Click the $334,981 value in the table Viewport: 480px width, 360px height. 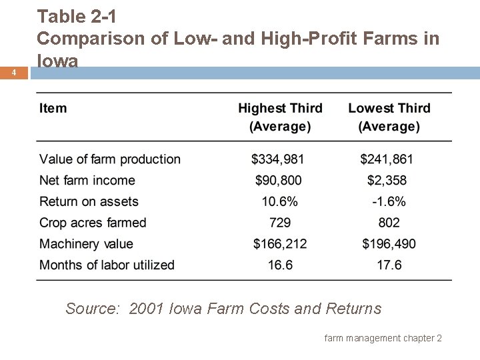coord(280,159)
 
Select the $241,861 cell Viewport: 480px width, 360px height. coord(389,159)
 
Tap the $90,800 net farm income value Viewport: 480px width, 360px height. coord(280,181)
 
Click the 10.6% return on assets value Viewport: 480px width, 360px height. coord(280,202)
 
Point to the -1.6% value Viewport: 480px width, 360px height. coord(389,202)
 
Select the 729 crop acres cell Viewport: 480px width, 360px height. coord(280,223)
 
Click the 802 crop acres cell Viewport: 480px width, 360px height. coord(389,223)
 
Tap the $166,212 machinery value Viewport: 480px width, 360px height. coord(280,244)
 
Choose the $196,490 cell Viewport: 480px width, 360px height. coord(389,244)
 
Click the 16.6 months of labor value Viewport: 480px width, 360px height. coord(280,265)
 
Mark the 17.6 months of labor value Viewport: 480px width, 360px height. coord(389,265)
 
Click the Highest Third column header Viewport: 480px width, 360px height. coord(280,117)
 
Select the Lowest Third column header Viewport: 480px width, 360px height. coord(389,117)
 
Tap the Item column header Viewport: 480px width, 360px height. coord(53,108)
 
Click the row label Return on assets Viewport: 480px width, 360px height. coord(89,202)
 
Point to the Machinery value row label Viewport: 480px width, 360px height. coord(86,244)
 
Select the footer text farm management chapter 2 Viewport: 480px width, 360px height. coord(383,339)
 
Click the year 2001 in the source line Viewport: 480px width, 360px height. coord(145,309)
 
